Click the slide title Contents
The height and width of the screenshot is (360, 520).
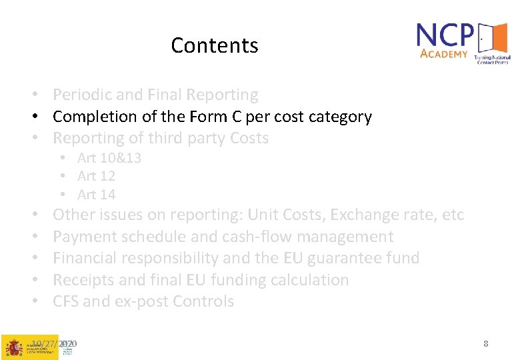pyautogui.click(x=214, y=45)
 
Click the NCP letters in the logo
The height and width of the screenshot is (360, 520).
pyautogui.click(x=445, y=35)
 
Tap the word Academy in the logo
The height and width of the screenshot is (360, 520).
pyautogui.click(x=444, y=53)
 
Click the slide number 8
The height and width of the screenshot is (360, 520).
pyautogui.click(x=486, y=344)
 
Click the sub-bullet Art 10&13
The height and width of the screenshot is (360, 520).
pyautogui.click(x=109, y=158)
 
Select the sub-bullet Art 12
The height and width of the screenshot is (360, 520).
pyautogui.click(x=96, y=176)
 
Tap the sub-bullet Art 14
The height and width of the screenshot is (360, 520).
pyautogui.click(x=96, y=195)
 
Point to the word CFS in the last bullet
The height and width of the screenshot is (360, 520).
pyautogui.click(x=66, y=301)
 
